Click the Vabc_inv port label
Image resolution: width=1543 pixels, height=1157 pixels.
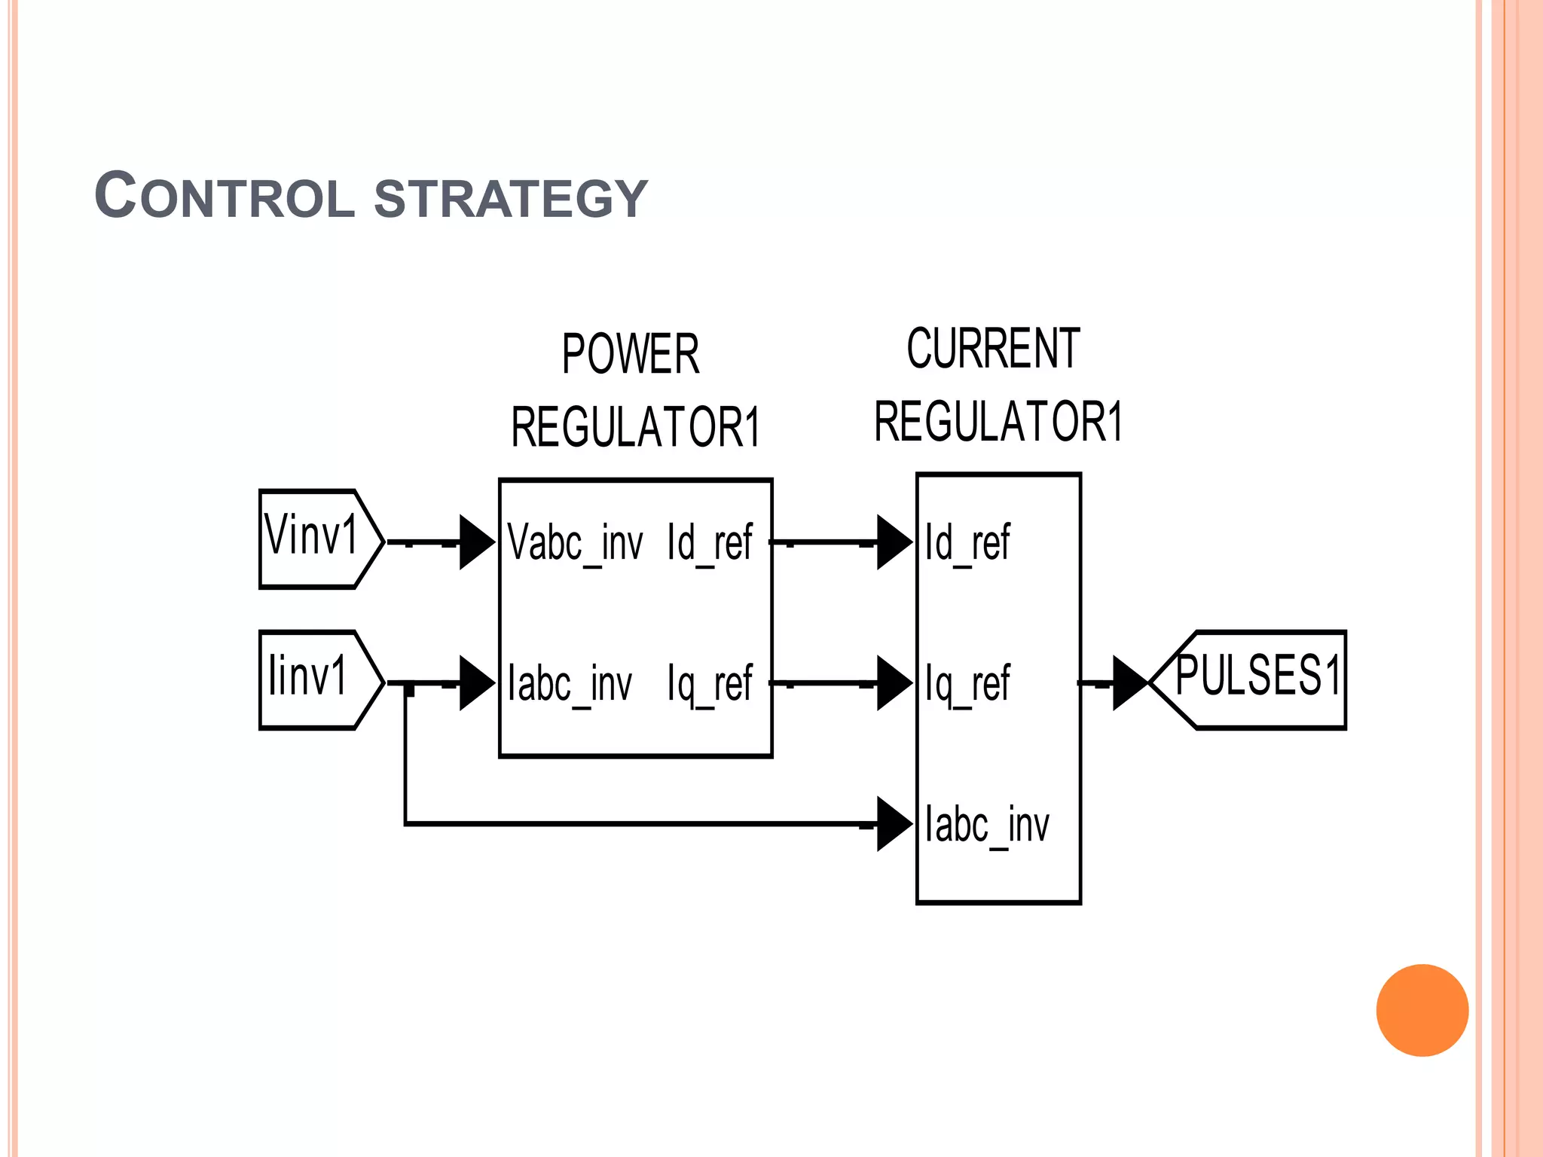575,542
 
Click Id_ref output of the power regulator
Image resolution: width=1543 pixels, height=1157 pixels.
709,542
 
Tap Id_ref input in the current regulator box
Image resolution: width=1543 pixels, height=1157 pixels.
967,542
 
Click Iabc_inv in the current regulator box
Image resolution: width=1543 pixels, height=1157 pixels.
986,825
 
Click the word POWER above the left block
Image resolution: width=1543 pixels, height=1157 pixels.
631,354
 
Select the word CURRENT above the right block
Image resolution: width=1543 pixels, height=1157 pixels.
993,349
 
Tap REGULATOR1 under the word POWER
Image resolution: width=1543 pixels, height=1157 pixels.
635,427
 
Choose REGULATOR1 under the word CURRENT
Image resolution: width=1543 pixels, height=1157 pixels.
998,421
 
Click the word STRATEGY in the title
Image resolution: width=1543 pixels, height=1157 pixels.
511,198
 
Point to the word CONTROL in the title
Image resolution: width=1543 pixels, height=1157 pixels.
225,197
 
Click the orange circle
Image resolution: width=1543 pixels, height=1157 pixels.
1422,1010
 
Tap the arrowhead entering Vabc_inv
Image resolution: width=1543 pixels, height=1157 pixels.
475,542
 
